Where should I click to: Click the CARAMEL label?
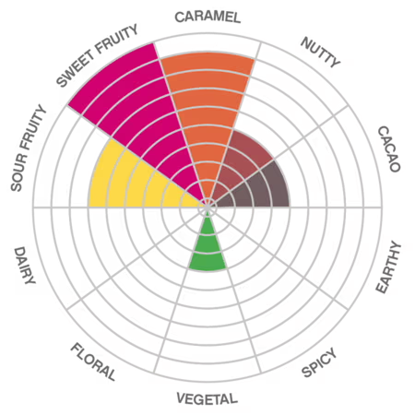(x=207, y=17)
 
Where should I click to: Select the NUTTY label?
(x=320, y=53)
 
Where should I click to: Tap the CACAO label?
(x=389, y=148)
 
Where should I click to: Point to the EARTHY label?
(x=388, y=267)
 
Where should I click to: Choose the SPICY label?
(x=319, y=362)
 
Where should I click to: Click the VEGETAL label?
(x=207, y=398)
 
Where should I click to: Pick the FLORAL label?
(x=93, y=362)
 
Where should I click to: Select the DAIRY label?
(x=25, y=265)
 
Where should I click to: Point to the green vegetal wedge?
(x=207, y=246)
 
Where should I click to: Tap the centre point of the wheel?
(x=207, y=207)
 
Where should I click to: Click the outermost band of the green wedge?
(x=207, y=262)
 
